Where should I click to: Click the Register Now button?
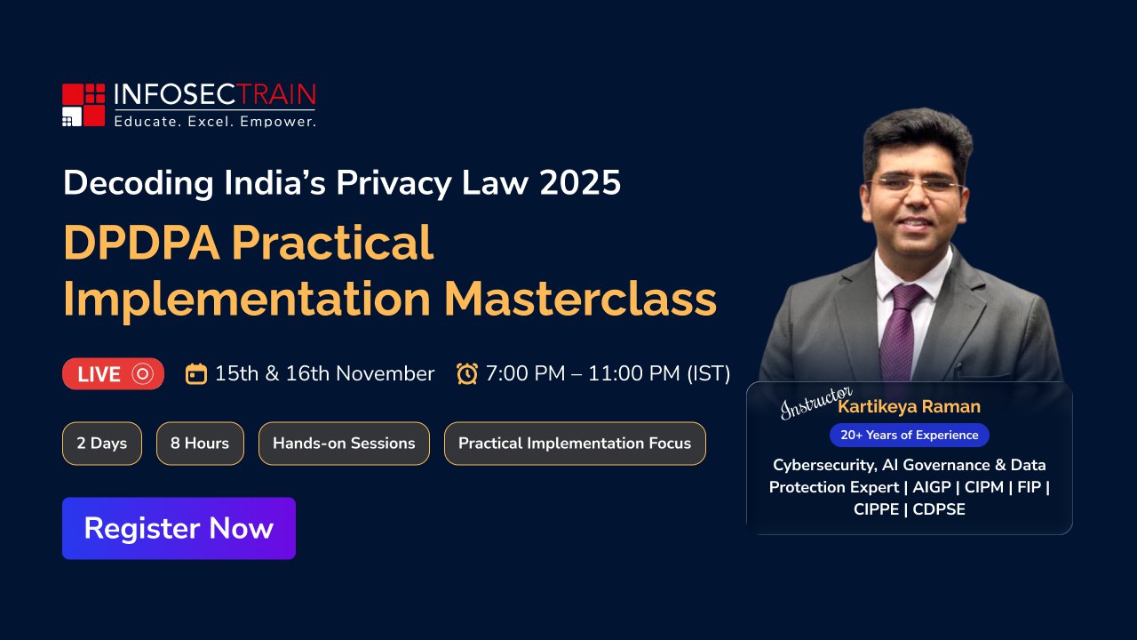pos(179,528)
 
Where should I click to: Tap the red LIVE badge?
pos(113,374)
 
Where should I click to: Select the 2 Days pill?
pos(102,444)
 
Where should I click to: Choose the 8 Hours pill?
pos(200,444)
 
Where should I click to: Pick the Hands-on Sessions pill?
pos(344,444)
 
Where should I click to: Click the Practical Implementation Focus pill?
pos(575,444)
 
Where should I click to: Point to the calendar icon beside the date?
pos(196,374)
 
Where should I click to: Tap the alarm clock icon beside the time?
pos(467,374)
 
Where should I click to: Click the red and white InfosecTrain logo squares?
pos(83,105)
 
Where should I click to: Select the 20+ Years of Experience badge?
pos(909,436)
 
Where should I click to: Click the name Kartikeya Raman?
pos(909,406)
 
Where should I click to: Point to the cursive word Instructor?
pos(815,403)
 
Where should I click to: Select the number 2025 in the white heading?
pos(580,183)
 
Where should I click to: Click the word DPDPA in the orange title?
pos(141,243)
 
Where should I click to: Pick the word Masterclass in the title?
pos(580,299)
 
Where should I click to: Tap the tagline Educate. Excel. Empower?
pos(215,122)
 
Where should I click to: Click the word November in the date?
pos(386,374)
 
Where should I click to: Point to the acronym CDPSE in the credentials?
pos(939,509)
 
